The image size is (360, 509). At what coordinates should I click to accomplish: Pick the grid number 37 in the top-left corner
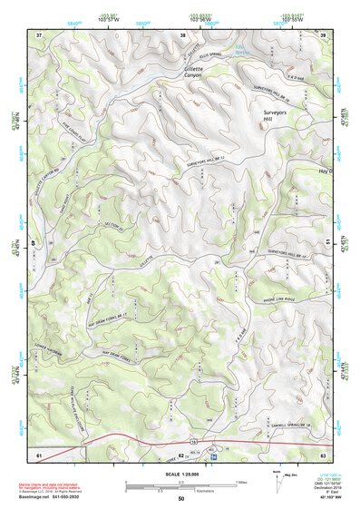pyautogui.click(x=39, y=35)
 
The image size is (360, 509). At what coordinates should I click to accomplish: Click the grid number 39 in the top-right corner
pyautogui.click(x=324, y=35)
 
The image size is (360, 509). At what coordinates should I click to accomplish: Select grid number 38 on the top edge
pyautogui.click(x=182, y=35)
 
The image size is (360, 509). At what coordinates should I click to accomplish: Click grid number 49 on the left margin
pyautogui.click(x=34, y=243)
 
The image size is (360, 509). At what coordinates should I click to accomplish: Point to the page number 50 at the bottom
pyautogui.click(x=180, y=499)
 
